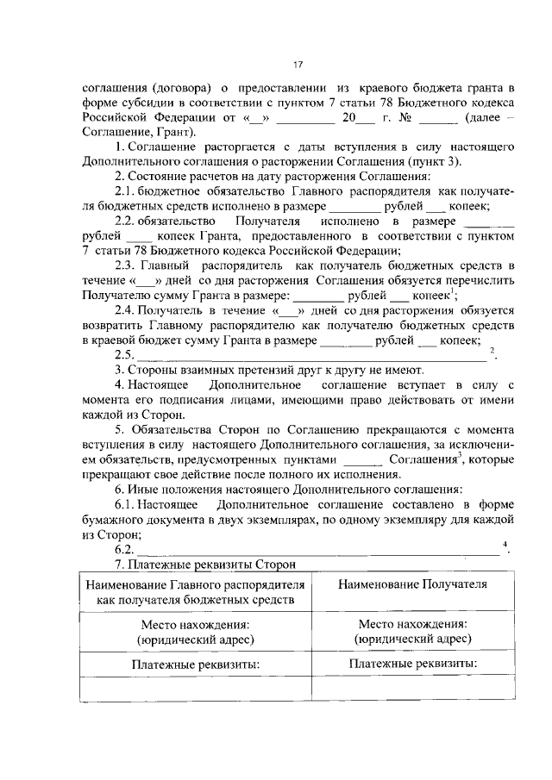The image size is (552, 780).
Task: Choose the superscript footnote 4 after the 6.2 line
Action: pos(504,545)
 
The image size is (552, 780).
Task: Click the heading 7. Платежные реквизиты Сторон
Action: pos(205,565)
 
